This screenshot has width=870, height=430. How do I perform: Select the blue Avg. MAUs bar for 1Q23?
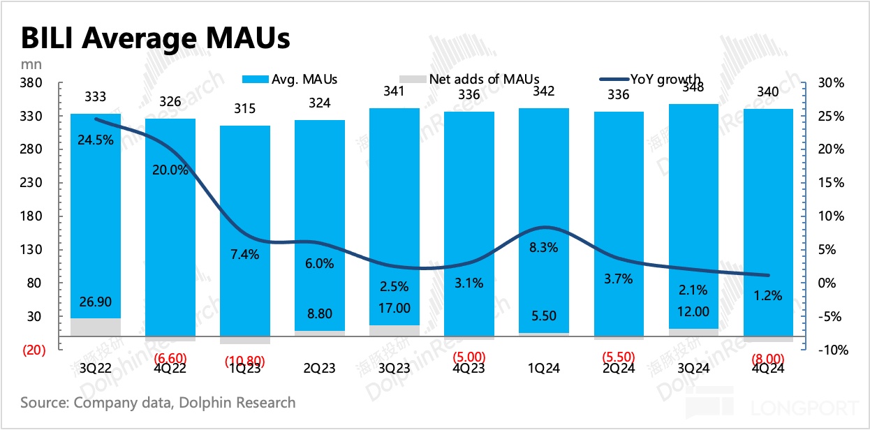245,230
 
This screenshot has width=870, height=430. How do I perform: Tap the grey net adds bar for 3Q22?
96,327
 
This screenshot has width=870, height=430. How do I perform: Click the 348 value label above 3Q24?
693,87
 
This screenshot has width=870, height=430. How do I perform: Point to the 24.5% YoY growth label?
96,138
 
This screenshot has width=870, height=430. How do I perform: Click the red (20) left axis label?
32,350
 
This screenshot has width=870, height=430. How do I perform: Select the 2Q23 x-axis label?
319,369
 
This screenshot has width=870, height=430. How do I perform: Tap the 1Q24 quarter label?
543,369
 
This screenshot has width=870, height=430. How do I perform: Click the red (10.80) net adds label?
245,362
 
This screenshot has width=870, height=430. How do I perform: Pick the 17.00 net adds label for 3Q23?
394,308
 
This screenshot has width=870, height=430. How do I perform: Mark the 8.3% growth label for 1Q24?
543,246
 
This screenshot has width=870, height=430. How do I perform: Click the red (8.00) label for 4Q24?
767,359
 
